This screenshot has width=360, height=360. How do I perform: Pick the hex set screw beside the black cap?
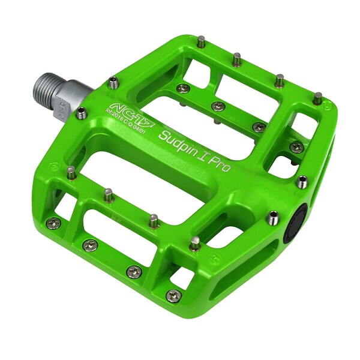pos(274,216)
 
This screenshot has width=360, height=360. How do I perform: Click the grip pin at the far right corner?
pos(317,96)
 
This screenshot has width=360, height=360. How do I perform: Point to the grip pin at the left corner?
pos(71,173)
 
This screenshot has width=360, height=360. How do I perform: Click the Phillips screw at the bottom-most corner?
pos(173,295)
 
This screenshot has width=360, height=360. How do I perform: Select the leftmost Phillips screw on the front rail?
pos(53,222)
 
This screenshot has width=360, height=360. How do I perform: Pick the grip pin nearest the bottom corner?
pos(194,242)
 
